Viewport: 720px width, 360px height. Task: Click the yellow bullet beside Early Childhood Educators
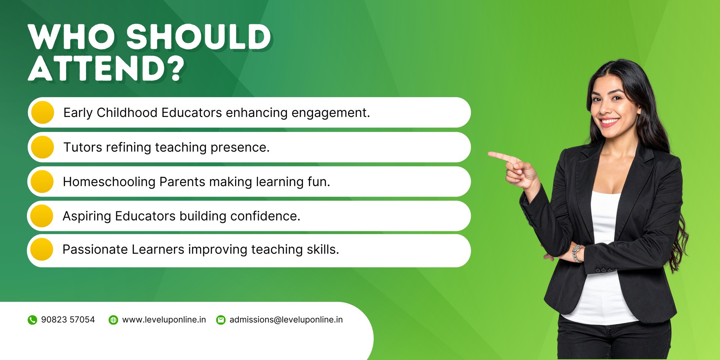point(43,112)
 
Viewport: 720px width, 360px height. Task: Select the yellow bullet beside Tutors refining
point(43,147)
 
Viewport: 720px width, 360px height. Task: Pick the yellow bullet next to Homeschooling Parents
point(42,181)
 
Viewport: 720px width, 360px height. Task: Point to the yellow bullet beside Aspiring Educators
point(42,216)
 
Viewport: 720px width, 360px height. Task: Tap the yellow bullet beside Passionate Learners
point(42,249)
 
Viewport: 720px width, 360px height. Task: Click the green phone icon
point(33,320)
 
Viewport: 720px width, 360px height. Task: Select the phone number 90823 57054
point(68,319)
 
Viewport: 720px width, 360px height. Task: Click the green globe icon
point(113,320)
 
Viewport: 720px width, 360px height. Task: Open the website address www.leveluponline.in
point(164,319)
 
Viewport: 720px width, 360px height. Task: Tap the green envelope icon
point(221,320)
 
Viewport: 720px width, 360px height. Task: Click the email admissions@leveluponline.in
point(286,319)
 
